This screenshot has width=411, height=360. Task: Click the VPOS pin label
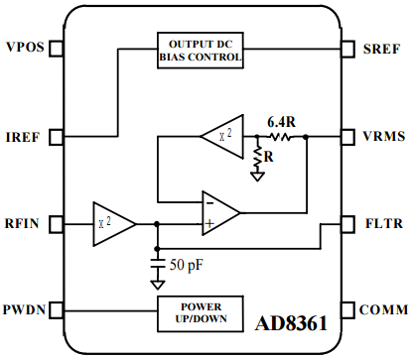click(x=25, y=47)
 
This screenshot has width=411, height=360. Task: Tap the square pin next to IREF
click(x=57, y=137)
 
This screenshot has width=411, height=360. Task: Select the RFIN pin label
click(x=22, y=223)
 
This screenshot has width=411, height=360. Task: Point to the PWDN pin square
click(x=57, y=310)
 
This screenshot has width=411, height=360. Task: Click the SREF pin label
click(x=381, y=49)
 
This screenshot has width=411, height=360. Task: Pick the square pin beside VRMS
click(x=347, y=136)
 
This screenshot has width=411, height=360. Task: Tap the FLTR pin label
click(x=384, y=223)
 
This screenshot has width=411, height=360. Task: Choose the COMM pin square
click(x=347, y=310)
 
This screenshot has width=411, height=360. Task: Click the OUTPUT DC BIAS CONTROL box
click(x=201, y=51)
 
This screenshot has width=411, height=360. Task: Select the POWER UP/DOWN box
click(x=201, y=313)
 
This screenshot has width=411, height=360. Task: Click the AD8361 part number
click(x=291, y=323)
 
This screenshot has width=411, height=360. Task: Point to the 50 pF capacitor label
click(x=187, y=265)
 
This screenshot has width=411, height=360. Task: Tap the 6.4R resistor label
click(x=281, y=122)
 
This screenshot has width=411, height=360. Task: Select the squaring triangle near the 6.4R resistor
click(x=222, y=136)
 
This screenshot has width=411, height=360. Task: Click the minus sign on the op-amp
click(x=210, y=203)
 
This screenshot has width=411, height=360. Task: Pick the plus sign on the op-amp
click(x=209, y=224)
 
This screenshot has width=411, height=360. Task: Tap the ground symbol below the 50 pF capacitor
click(x=158, y=285)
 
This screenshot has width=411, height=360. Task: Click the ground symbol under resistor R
click(x=257, y=177)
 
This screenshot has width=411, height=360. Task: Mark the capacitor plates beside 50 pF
click(x=158, y=264)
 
